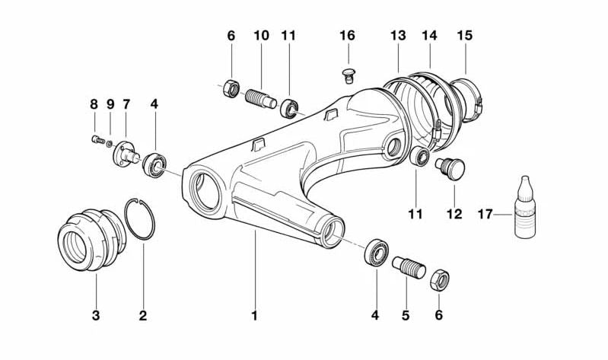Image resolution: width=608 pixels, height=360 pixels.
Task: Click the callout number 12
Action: [x=454, y=214]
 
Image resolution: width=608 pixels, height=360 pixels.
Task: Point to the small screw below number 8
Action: [x=96, y=139]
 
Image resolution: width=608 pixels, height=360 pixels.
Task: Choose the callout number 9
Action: [x=110, y=104]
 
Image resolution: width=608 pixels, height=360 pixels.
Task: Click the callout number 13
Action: [x=398, y=36]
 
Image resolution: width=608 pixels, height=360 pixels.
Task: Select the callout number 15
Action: [x=464, y=36]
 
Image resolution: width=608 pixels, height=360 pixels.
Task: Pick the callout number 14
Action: [x=430, y=36]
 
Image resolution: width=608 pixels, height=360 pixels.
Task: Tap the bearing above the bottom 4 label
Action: [x=376, y=252]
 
